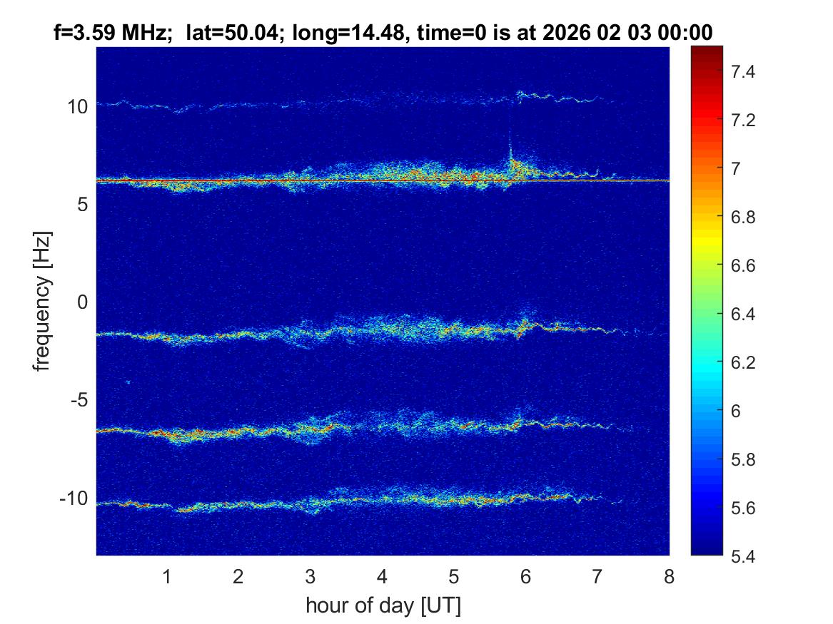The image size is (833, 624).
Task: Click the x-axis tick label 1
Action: [x=166, y=576]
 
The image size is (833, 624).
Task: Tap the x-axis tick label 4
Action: [x=382, y=576]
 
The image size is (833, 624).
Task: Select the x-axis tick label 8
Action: [x=669, y=576]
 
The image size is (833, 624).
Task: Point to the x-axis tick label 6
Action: [x=525, y=576]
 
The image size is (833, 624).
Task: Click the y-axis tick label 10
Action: [x=77, y=107]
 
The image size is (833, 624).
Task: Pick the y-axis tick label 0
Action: [x=82, y=302]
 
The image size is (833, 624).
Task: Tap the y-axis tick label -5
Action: [x=78, y=400]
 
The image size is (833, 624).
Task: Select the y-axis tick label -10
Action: [x=73, y=498]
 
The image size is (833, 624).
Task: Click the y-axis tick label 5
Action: [x=82, y=205]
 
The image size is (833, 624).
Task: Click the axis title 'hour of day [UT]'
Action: [x=383, y=606]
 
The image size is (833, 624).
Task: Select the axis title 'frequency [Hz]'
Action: [x=44, y=302]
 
